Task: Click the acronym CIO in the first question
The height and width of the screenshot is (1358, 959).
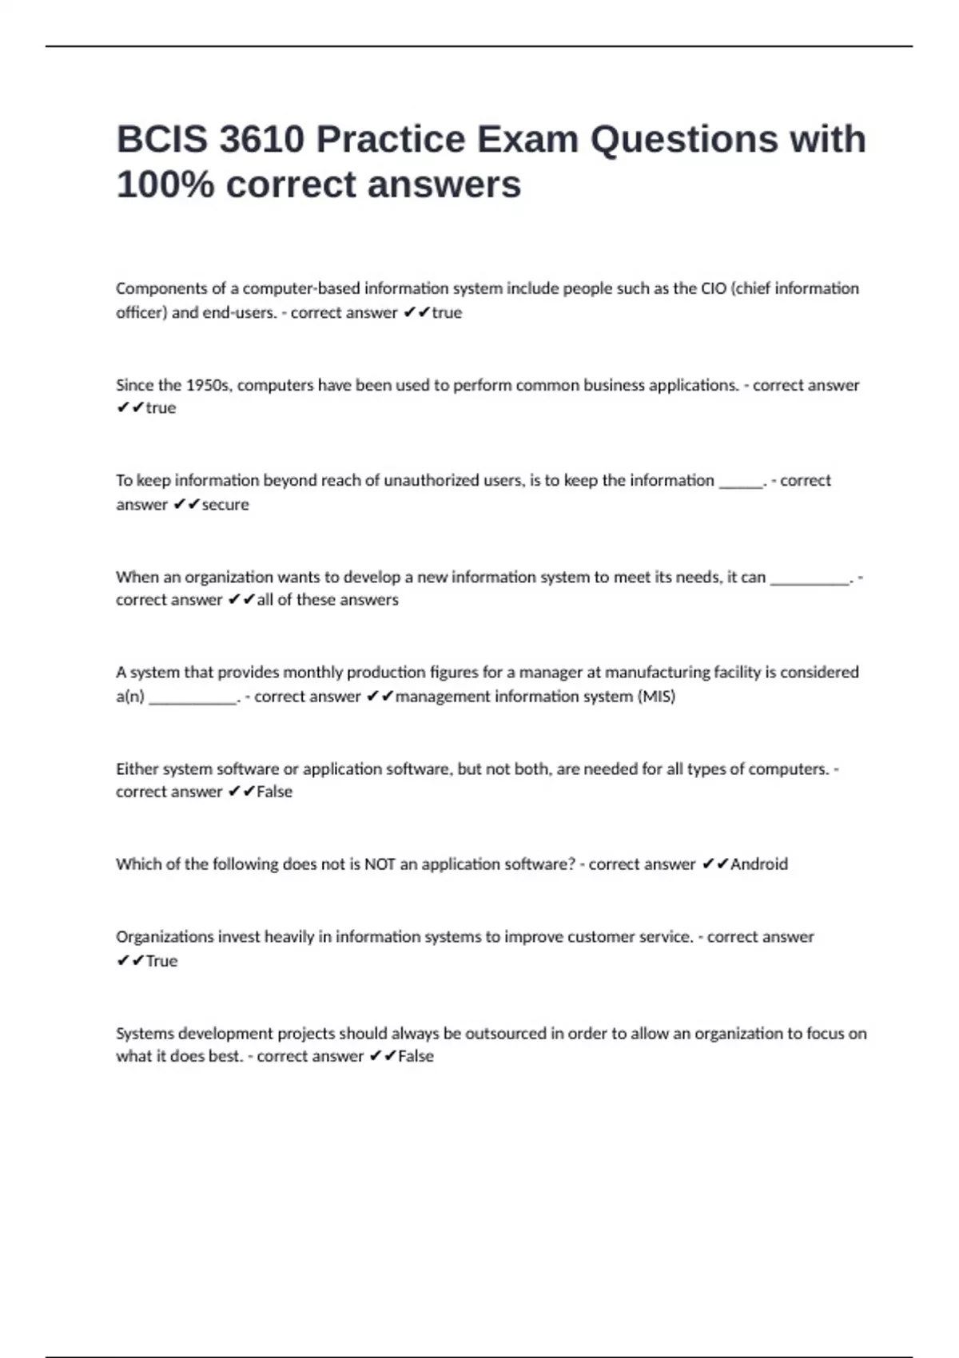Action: click(x=714, y=288)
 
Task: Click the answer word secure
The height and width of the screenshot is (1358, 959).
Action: click(x=225, y=505)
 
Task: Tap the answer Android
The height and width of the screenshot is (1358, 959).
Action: click(x=759, y=864)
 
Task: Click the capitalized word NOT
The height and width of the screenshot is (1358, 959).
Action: click(x=380, y=864)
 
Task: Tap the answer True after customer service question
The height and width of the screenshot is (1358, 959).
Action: click(x=161, y=961)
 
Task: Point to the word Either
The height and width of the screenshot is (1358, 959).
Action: click(x=137, y=769)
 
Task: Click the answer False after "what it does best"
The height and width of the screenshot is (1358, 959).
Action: click(x=416, y=1057)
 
